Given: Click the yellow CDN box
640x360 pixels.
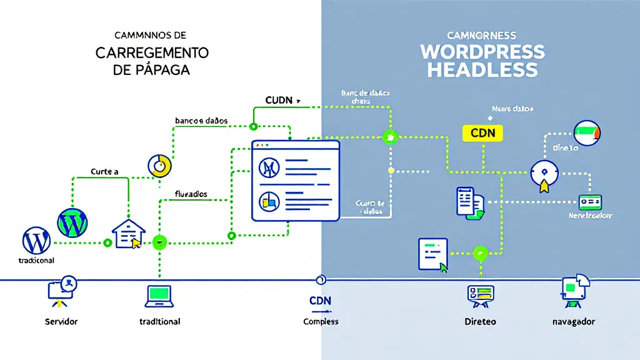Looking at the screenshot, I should point(482,133).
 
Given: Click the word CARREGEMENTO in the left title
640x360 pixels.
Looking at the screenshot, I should point(152,52).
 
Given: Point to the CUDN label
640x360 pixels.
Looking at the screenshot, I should point(281,100).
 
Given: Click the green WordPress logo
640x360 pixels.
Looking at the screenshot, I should point(72,222).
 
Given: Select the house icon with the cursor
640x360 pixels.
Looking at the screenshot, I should point(129,234).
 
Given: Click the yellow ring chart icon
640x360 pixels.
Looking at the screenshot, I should point(159,166).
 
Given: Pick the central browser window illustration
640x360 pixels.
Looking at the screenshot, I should point(295,181).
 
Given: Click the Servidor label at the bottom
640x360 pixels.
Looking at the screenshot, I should point(62,321).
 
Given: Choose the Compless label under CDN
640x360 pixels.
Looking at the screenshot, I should point(321,321).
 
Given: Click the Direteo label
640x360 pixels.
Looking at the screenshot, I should point(480,322).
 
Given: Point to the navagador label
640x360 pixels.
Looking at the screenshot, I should point(574,322).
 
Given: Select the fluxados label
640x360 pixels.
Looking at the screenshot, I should point(191,194).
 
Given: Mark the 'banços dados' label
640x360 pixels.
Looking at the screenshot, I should point(201,120).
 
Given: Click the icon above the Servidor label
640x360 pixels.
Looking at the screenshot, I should point(61,292).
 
